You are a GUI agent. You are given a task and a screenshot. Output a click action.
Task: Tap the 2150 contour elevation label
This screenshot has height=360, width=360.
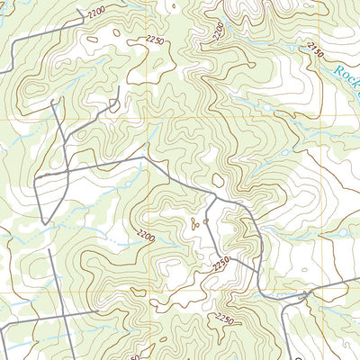[x=314, y=51]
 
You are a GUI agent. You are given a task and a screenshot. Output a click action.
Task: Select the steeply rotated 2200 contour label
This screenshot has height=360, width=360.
[x=217, y=31]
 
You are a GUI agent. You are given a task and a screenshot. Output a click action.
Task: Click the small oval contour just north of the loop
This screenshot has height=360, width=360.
[x=218, y=180]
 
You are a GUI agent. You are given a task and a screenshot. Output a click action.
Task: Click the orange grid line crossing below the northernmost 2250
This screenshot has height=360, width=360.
[x=147, y=118]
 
